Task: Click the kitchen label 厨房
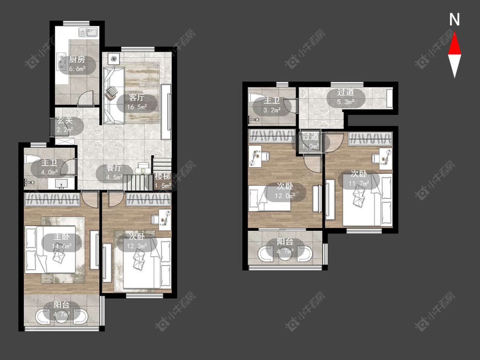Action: point(77,59)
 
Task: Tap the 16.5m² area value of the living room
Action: point(137,107)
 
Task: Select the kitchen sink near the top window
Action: point(88,32)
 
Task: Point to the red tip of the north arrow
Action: point(454,33)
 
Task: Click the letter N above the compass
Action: point(454,20)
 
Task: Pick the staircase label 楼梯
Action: point(163,176)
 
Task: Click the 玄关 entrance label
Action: point(65,120)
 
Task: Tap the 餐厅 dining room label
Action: point(114,168)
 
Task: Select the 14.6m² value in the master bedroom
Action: point(61,246)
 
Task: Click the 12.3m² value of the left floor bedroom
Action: point(137,246)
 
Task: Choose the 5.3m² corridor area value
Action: point(346,102)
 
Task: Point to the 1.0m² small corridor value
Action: point(311,146)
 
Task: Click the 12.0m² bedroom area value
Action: point(285,196)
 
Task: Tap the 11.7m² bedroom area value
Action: point(359,183)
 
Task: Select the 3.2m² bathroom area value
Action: point(272,110)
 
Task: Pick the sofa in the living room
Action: point(113,96)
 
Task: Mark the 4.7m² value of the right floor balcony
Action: point(285,251)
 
